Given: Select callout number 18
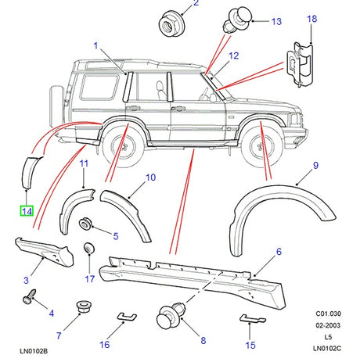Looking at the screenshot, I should click(312, 19).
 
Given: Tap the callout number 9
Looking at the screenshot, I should click(315, 166).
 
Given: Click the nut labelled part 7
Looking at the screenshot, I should click(81, 306).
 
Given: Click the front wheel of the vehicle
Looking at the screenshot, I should click(261, 143).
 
